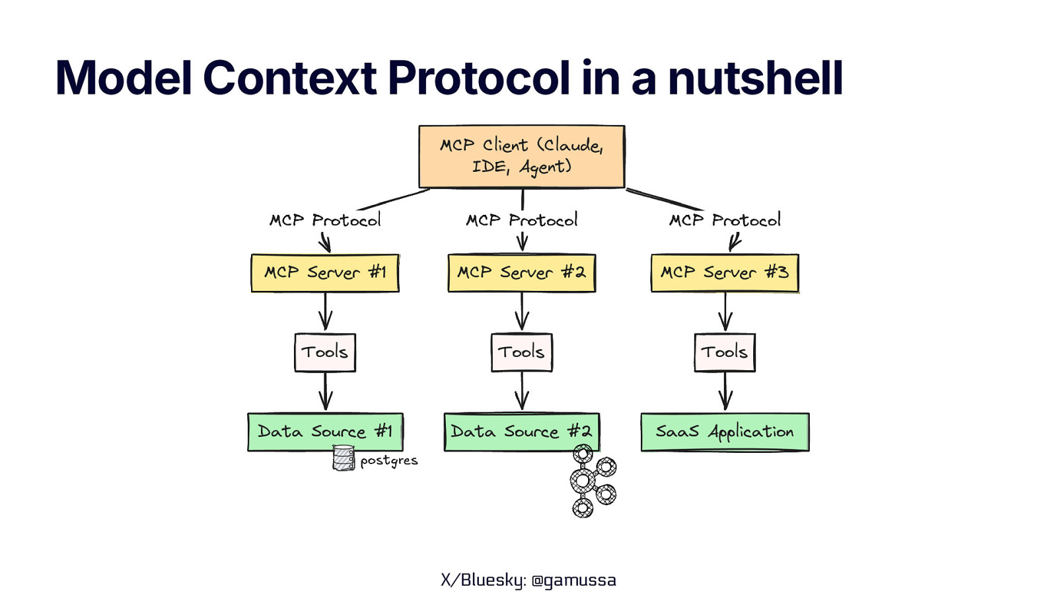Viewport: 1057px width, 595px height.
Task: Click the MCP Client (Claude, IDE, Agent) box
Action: pyautogui.click(x=521, y=157)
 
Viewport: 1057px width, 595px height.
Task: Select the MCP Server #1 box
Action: pyautogui.click(x=325, y=273)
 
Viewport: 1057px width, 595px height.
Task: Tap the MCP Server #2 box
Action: pyautogui.click(x=521, y=273)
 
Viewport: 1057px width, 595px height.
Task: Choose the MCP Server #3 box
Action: pyautogui.click(x=725, y=273)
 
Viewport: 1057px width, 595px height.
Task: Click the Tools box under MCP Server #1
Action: pyautogui.click(x=325, y=352)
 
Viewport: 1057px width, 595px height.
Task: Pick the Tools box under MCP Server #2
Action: pyautogui.click(x=521, y=352)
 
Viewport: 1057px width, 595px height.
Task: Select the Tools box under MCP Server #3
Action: pyautogui.click(x=725, y=352)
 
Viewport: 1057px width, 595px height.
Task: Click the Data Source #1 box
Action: pyautogui.click(x=325, y=432)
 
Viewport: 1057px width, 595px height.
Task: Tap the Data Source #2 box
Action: pyautogui.click(x=521, y=432)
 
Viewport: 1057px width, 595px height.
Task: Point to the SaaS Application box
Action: pyautogui.click(x=725, y=432)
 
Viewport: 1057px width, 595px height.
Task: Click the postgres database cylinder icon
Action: pyautogui.click(x=344, y=458)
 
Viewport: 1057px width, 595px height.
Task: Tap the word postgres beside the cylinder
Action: pyautogui.click(x=389, y=461)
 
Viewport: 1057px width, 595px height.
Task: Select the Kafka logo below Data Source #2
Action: pyautogui.click(x=591, y=481)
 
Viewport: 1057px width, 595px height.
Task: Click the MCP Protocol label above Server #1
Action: pyautogui.click(x=325, y=220)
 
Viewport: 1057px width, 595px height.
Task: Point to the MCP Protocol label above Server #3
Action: pyautogui.click(x=725, y=220)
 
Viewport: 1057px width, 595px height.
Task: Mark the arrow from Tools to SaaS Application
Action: pyautogui.click(x=725, y=391)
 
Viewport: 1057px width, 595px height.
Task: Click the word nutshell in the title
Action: pyautogui.click(x=755, y=78)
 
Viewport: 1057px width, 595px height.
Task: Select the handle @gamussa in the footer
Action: pyautogui.click(x=573, y=580)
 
